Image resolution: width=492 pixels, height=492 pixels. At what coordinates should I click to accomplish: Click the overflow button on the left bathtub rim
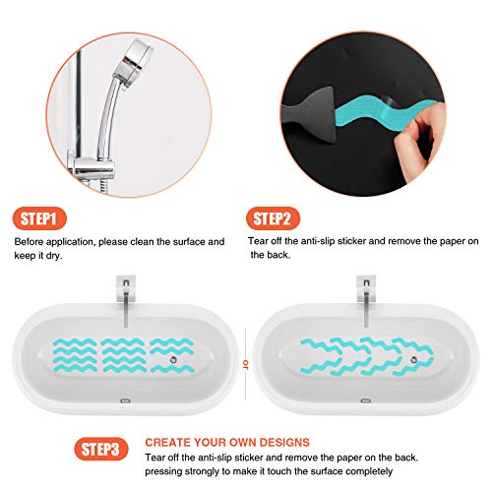[125, 401]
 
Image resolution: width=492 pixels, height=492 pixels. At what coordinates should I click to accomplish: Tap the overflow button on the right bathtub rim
[363, 401]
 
